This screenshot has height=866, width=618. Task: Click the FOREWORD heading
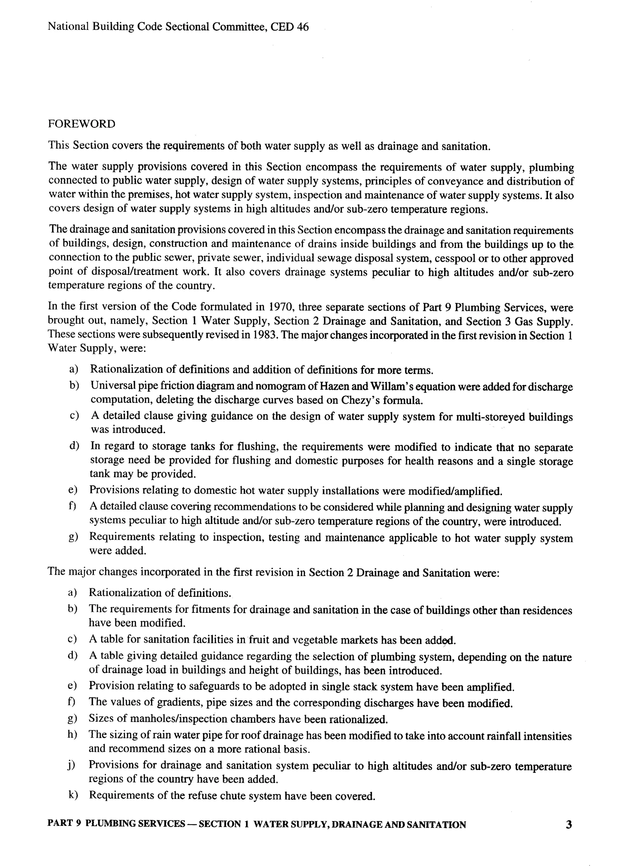[81, 124]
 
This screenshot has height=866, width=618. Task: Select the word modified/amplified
[455, 491]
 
